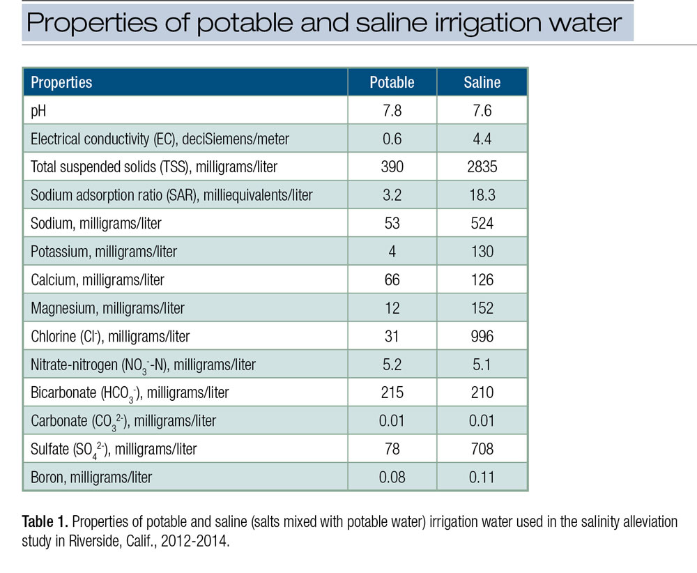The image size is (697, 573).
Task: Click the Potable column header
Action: tap(392, 82)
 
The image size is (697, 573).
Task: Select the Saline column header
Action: tap(482, 82)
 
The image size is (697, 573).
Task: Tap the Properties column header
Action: tap(61, 82)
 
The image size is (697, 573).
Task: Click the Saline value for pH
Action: tap(482, 111)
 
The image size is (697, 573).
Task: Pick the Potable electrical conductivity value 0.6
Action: tap(392, 139)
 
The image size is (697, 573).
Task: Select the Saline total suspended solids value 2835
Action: tap(482, 167)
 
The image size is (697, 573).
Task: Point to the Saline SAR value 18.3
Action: tap(482, 195)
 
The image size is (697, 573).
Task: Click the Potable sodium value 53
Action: tap(392, 224)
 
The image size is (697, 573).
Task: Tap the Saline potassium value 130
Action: tap(482, 252)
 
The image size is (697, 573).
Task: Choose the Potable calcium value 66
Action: tap(392, 280)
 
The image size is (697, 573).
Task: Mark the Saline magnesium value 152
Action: tap(482, 308)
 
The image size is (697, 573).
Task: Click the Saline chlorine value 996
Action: tap(482, 337)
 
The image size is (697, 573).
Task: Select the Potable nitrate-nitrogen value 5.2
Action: tap(392, 365)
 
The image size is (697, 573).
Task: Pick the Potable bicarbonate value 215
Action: tap(392, 393)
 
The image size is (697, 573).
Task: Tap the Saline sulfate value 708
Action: tap(482, 450)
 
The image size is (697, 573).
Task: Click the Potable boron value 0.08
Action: tap(392, 477)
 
